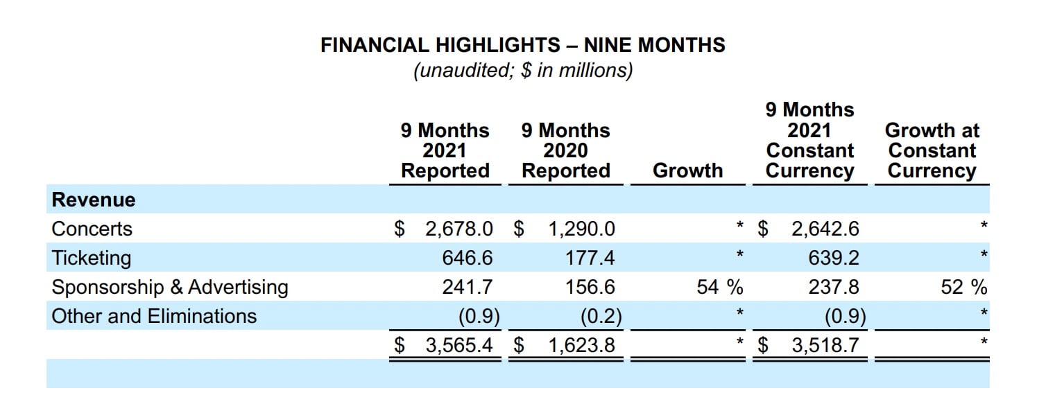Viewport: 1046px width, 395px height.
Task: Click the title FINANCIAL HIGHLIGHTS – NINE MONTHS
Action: click(522, 46)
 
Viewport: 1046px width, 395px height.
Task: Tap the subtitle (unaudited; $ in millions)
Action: click(522, 71)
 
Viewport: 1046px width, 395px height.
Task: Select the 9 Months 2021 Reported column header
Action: click(445, 151)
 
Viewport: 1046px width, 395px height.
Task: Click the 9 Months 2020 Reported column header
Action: click(565, 151)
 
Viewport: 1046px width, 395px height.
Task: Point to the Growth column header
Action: click(687, 171)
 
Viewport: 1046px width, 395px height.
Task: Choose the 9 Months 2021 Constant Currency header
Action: click(809, 141)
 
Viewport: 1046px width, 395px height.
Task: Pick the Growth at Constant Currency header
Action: click(932, 151)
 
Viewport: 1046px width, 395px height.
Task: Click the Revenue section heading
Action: click(94, 200)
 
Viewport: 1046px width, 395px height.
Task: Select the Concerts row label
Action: click(92, 229)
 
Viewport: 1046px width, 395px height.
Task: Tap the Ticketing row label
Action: click(91, 258)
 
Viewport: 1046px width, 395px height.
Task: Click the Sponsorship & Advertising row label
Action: click(170, 287)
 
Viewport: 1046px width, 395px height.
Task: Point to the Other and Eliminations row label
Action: click(154, 316)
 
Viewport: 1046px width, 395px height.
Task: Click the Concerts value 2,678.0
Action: click(458, 229)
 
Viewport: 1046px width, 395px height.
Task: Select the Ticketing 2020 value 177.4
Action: click(590, 258)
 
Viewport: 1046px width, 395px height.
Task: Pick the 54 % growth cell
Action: click(719, 287)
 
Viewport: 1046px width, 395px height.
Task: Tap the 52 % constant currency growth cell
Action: click(963, 287)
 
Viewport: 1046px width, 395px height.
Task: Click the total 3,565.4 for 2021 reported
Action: click(458, 345)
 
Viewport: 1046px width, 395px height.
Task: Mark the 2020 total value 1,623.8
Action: click(581, 345)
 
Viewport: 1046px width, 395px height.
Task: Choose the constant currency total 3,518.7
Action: click(825, 345)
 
